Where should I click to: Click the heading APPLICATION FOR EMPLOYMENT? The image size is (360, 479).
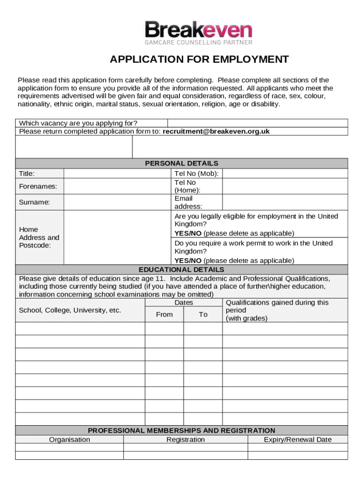click(199, 59)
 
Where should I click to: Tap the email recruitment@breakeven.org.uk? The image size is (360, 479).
click(216, 131)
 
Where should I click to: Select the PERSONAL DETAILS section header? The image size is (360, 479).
click(181, 163)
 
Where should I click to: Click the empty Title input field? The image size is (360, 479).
click(117, 174)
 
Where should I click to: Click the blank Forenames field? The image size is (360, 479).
click(117, 187)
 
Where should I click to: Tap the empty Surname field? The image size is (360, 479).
click(117, 203)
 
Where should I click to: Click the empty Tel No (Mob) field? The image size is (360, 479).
click(285, 174)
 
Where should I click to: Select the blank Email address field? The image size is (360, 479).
click(285, 203)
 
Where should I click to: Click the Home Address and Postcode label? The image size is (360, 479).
click(39, 237)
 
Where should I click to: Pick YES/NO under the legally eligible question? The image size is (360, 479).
click(188, 233)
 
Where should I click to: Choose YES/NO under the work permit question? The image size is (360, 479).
click(188, 261)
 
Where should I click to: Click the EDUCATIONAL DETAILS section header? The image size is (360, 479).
click(181, 269)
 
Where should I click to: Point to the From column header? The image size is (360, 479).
click(164, 314)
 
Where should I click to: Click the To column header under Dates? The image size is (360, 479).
click(203, 314)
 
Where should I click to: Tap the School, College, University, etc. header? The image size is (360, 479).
click(70, 311)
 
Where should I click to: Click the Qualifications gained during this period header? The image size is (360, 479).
click(277, 310)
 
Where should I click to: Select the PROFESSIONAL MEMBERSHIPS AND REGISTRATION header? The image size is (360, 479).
click(181, 430)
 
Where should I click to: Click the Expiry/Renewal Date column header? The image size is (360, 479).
click(297, 439)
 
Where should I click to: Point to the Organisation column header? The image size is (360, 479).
click(70, 439)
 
